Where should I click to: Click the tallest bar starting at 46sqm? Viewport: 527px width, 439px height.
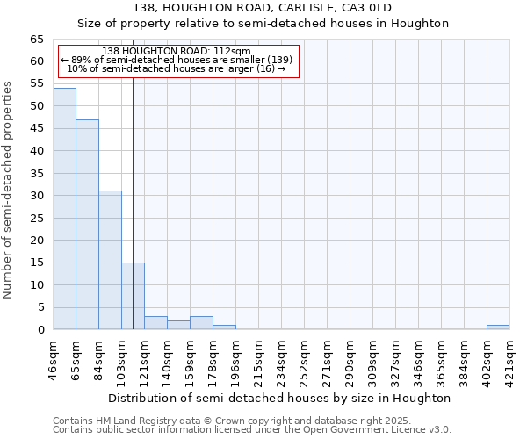coord(64,209)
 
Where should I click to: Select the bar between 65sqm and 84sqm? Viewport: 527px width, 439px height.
coord(87,225)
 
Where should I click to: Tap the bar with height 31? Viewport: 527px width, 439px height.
coord(110,260)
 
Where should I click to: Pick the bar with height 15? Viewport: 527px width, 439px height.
coord(133,296)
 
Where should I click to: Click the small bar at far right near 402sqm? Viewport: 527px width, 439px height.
coord(498,327)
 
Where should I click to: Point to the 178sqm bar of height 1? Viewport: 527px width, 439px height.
coord(224,327)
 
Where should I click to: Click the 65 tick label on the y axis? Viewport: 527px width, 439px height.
coord(36,40)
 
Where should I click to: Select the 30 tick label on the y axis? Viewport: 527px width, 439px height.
coord(36,196)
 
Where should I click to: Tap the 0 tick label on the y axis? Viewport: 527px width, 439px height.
coord(40,330)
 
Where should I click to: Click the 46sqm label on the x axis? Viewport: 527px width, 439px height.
coord(54,359)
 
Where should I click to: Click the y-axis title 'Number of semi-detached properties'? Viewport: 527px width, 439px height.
coord(9,189)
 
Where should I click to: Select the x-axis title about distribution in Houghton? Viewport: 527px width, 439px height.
coord(281,398)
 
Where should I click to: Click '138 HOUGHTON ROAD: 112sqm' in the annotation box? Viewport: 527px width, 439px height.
coord(177,52)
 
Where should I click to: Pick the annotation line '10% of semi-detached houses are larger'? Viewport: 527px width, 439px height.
coord(177,68)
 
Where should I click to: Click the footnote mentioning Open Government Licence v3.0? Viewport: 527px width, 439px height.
coord(252,430)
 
